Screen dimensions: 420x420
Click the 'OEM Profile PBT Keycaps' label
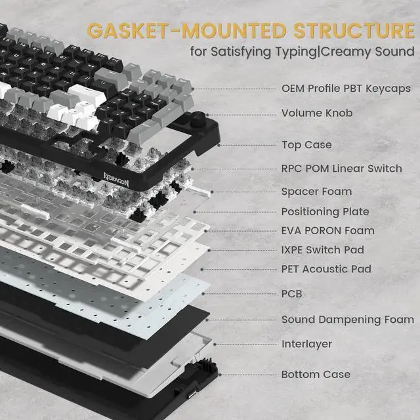(x=346, y=88)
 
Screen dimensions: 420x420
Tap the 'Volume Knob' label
(x=317, y=113)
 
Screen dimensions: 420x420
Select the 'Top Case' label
(x=306, y=144)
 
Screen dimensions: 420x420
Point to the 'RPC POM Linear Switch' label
(x=341, y=168)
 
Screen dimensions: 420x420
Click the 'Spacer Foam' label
(x=316, y=192)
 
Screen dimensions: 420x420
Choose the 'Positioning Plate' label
(x=325, y=211)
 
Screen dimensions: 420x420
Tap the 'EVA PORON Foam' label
(x=328, y=230)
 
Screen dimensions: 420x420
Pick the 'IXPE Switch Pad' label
(x=322, y=249)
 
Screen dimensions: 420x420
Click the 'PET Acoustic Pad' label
(x=326, y=268)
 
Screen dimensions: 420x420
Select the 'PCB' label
(x=291, y=293)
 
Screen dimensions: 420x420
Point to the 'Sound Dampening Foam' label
(x=348, y=320)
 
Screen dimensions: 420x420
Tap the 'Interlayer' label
(x=306, y=343)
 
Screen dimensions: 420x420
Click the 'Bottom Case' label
(x=316, y=374)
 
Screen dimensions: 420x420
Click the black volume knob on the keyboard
(x=198, y=121)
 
